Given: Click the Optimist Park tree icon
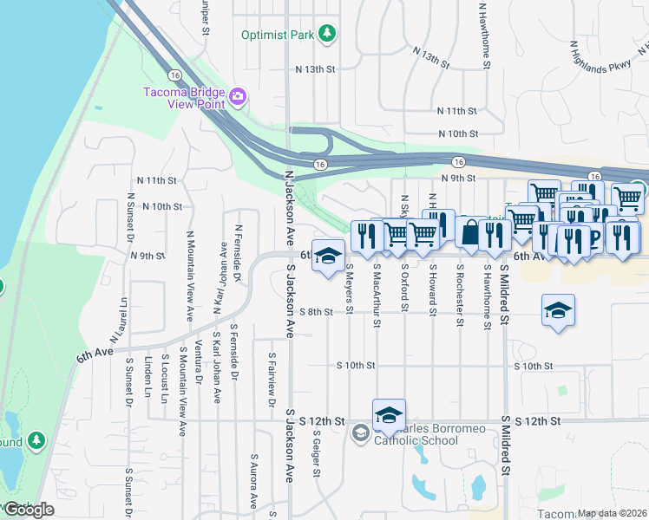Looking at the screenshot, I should click(327, 33).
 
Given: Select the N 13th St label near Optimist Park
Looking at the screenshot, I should click(315, 68).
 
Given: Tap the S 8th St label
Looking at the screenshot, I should click(316, 312).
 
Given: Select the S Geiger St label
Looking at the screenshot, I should click(318, 454).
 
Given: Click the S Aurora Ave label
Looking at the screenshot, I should click(253, 480).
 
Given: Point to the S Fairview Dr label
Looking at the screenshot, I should click(272, 379).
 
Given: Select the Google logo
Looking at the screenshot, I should click(28, 510).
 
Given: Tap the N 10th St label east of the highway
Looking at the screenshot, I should click(458, 133).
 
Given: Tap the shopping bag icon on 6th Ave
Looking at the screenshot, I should click(470, 232).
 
